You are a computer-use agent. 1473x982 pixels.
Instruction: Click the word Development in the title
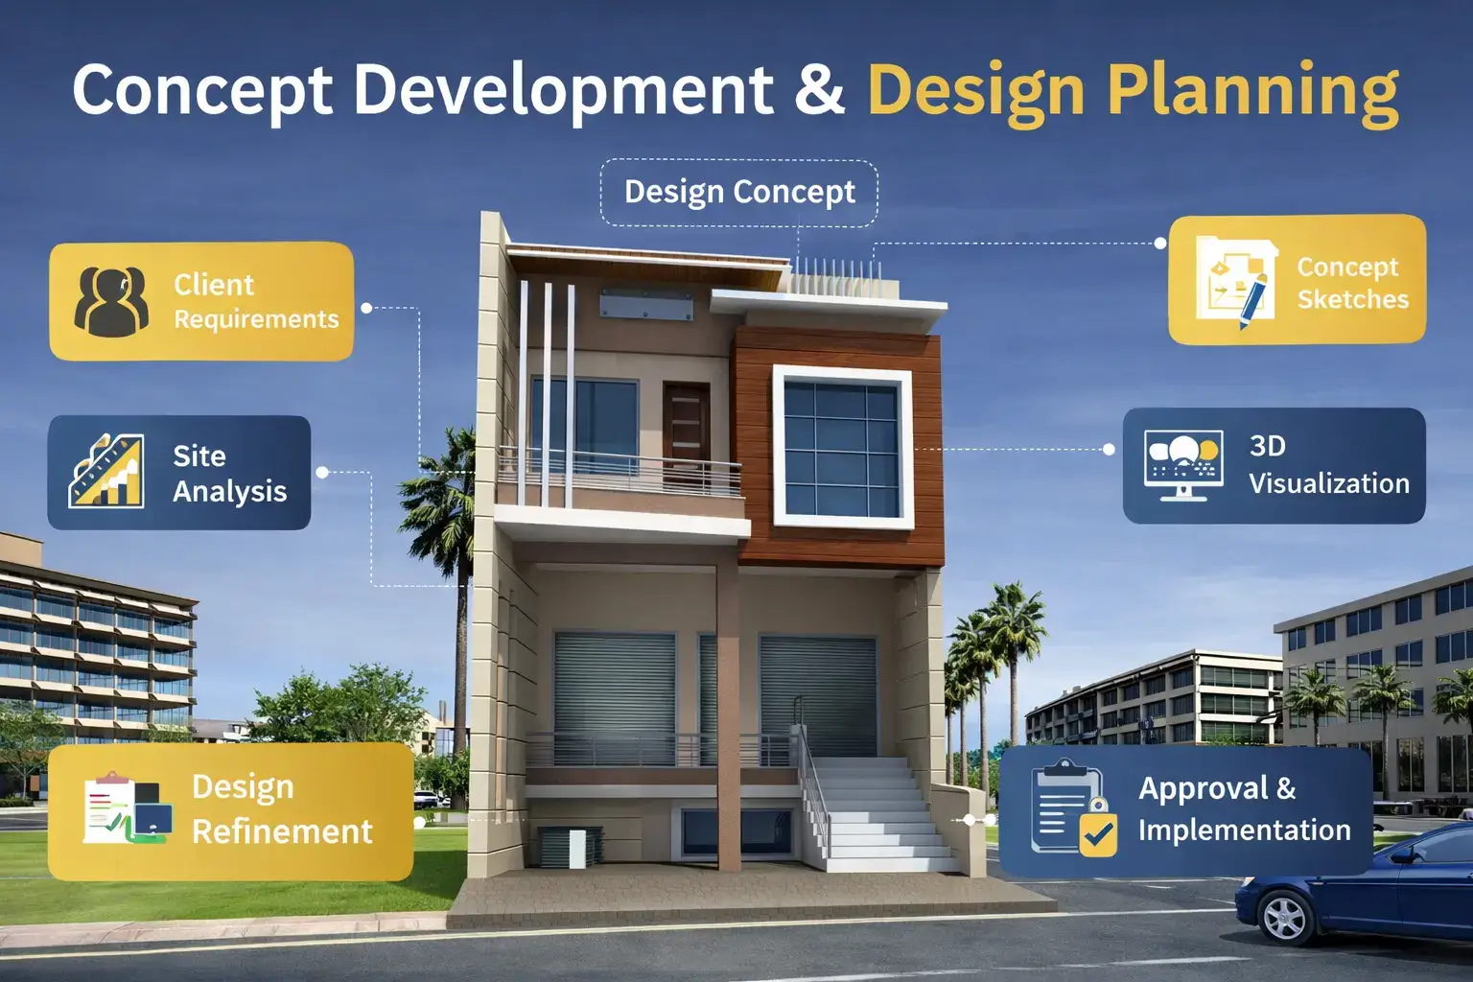tap(564, 89)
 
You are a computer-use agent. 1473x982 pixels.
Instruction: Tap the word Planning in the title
tap(1252, 91)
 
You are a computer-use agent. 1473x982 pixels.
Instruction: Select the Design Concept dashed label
tap(739, 192)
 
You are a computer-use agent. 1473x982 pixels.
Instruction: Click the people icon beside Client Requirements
tap(111, 301)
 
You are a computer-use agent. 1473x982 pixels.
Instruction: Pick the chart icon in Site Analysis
tap(106, 472)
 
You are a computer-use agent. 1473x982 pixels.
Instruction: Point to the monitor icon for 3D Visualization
tap(1183, 464)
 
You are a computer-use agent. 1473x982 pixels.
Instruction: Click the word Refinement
tap(282, 831)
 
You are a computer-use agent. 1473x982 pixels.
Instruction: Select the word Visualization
tap(1328, 483)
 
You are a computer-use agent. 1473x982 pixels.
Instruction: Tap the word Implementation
tap(1244, 830)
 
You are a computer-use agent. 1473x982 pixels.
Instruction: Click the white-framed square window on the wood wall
tap(841, 447)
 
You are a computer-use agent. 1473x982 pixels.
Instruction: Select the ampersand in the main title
tap(820, 89)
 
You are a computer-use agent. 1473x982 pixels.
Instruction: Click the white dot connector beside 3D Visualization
tap(1110, 449)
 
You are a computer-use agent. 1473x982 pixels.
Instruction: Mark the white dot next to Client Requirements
tap(366, 308)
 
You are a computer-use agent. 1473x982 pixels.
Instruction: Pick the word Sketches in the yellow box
tap(1352, 299)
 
